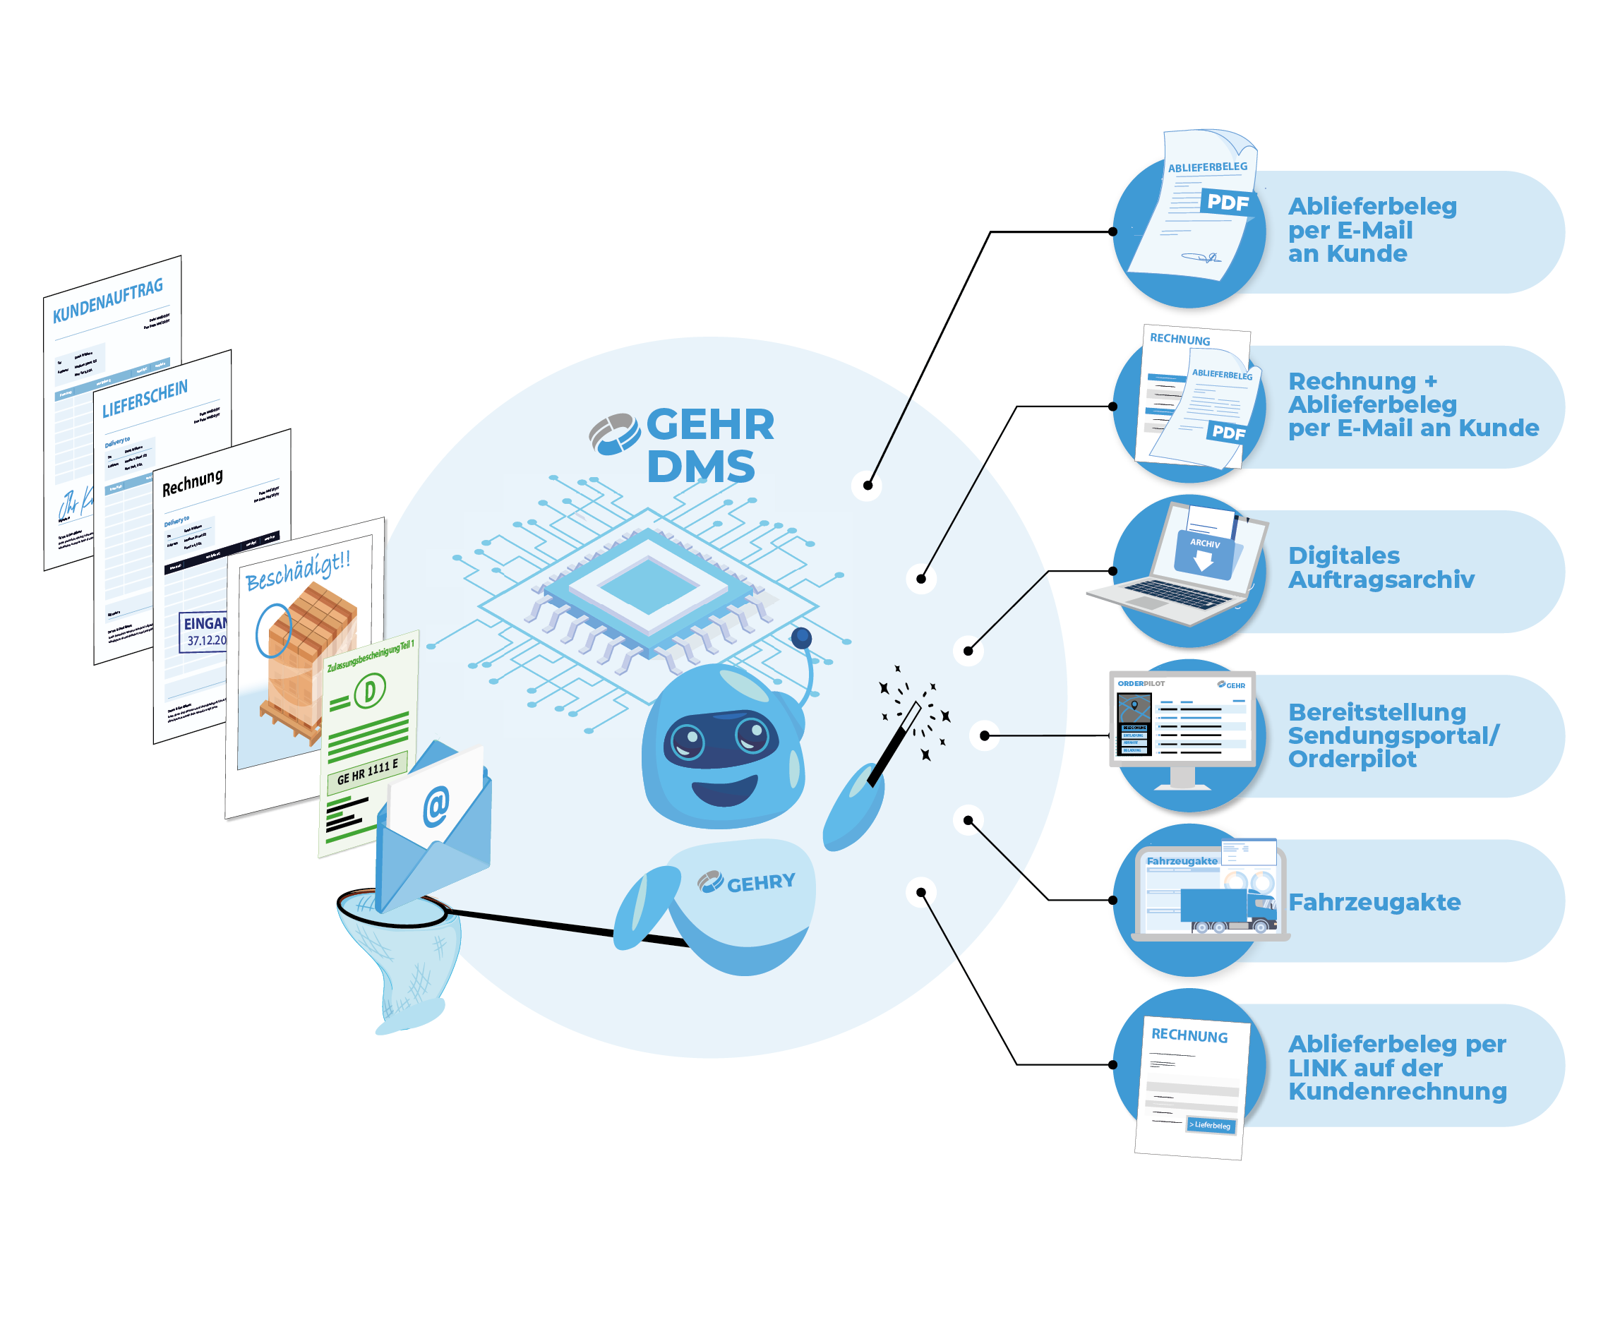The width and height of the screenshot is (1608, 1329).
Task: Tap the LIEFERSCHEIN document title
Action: pos(145,399)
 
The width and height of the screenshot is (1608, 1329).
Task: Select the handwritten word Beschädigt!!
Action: pos(298,571)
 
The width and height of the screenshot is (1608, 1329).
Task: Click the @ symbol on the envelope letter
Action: pos(436,806)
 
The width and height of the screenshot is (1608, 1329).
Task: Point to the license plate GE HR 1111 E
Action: pos(368,771)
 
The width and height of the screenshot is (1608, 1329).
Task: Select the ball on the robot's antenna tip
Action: pos(801,639)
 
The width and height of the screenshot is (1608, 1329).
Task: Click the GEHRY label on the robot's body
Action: pos(760,884)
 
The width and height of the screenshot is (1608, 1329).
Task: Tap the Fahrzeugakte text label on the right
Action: pos(1374,903)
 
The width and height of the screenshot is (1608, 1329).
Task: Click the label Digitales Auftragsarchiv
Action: pos(1380,568)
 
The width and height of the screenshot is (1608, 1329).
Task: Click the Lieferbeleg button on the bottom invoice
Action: pos(1210,1125)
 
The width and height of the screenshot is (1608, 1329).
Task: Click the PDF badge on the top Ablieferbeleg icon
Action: pos(1228,203)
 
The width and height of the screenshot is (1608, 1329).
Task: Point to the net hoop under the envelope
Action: pos(392,910)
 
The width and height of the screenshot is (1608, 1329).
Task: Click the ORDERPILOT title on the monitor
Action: pos(1141,684)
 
